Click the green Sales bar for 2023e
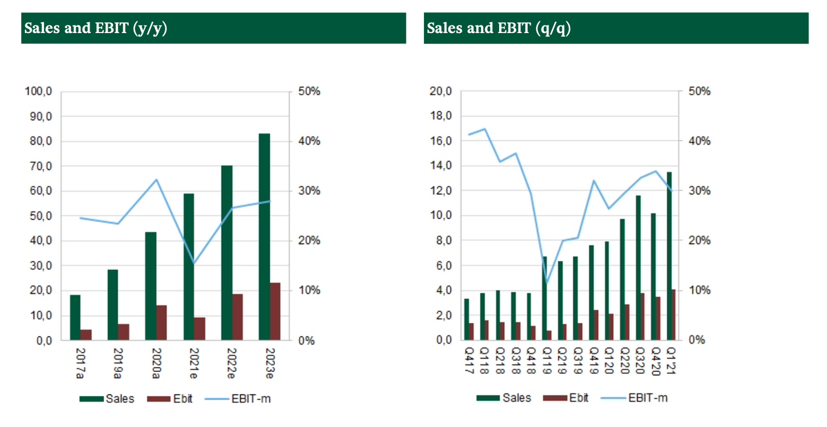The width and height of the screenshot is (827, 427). [x=264, y=236]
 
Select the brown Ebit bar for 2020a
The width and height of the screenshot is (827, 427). [x=162, y=322]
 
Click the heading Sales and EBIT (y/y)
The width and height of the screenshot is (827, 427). [x=96, y=28]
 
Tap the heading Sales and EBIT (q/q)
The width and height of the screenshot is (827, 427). [x=498, y=28]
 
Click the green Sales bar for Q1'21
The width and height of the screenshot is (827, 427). [x=670, y=256]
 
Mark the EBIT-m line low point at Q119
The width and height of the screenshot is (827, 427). [x=547, y=284]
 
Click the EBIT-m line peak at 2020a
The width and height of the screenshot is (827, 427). [x=157, y=180]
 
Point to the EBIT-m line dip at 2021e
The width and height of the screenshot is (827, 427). [x=195, y=264]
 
